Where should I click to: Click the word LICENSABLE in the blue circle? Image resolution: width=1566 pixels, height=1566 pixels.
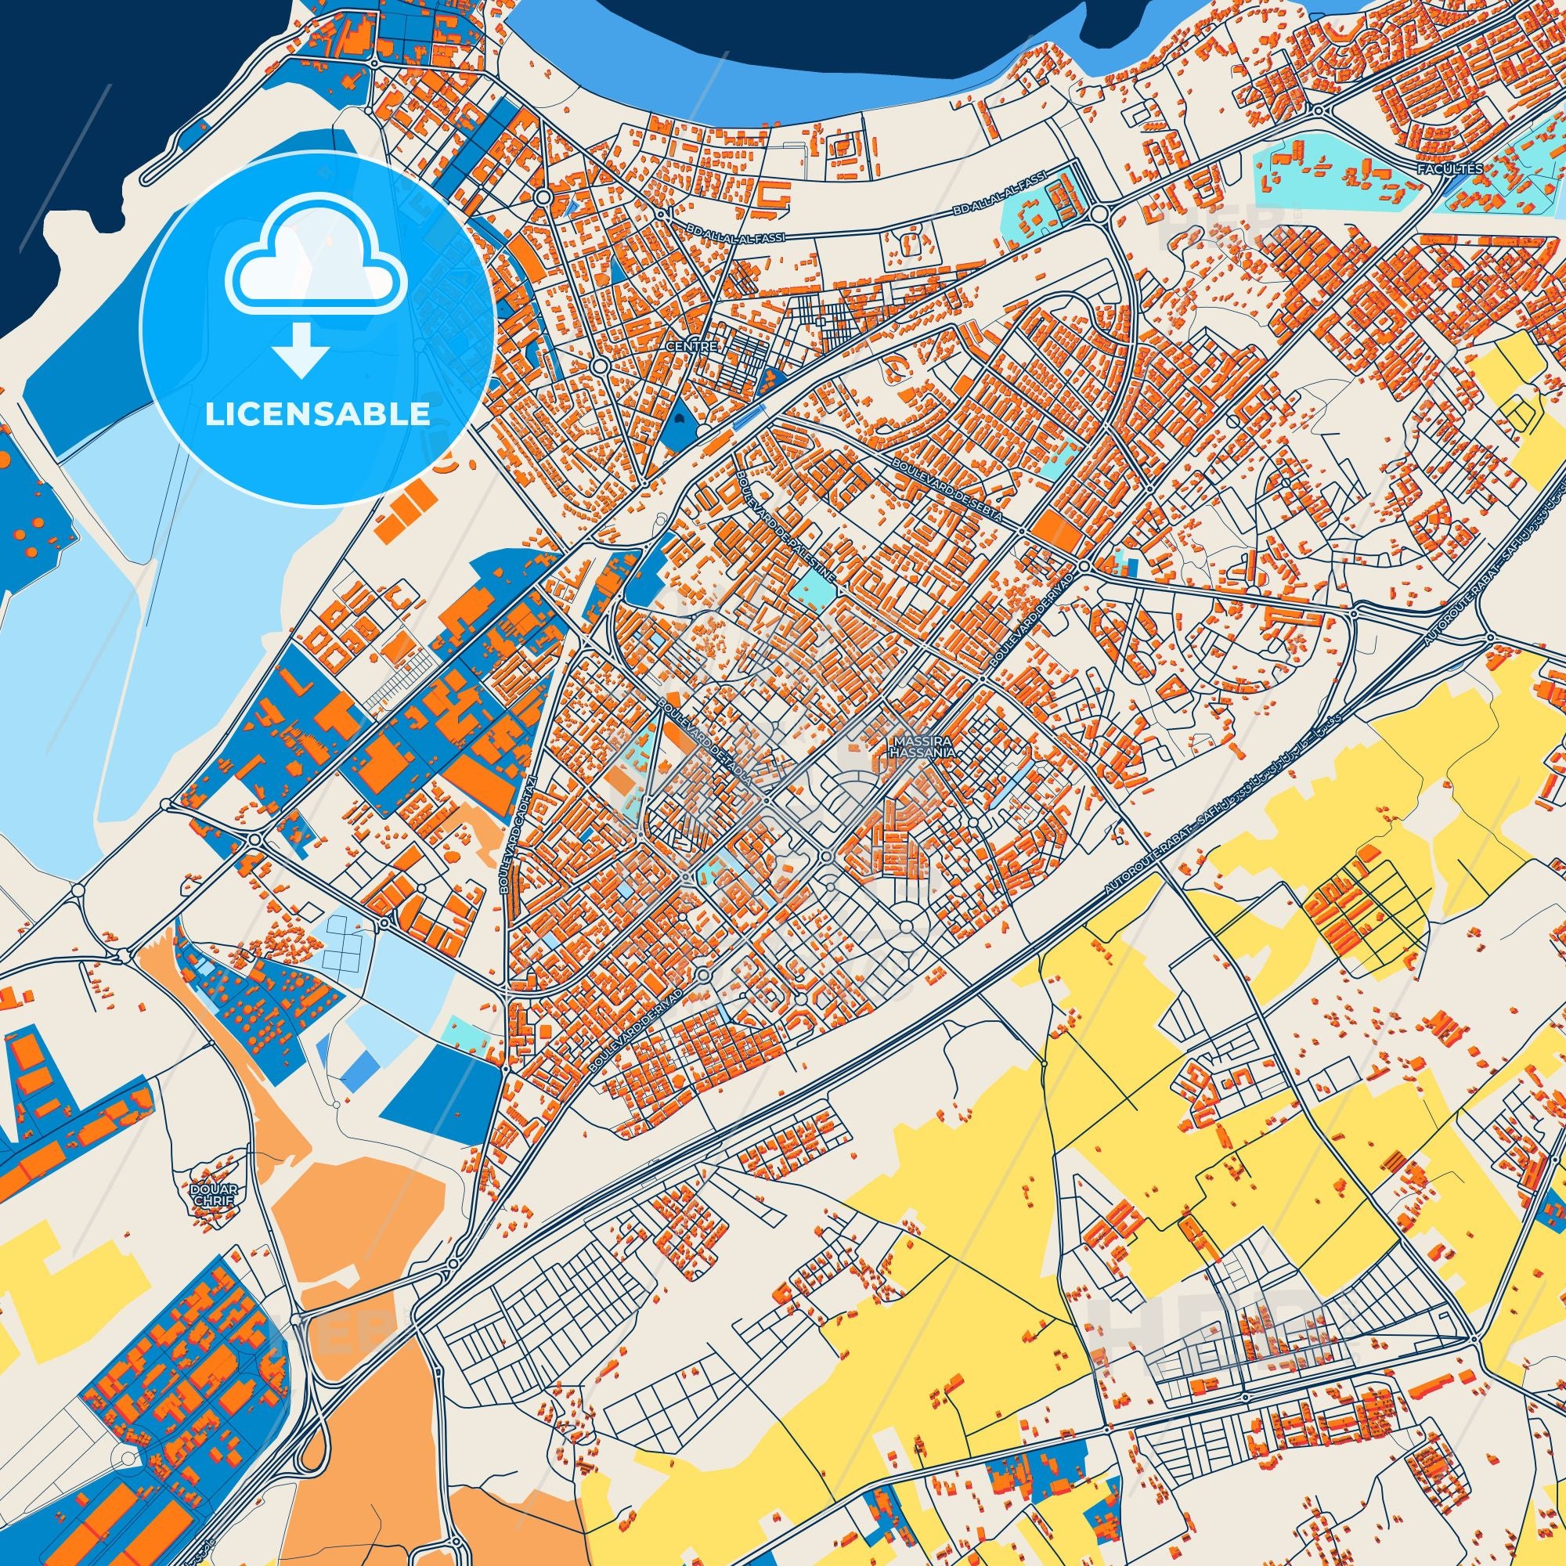(x=317, y=415)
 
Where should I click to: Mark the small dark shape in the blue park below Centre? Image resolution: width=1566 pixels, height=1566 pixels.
(x=679, y=419)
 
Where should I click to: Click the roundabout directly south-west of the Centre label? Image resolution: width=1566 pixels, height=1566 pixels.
(x=600, y=367)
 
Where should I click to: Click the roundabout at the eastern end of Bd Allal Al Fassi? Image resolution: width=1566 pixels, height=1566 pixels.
(x=1099, y=214)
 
